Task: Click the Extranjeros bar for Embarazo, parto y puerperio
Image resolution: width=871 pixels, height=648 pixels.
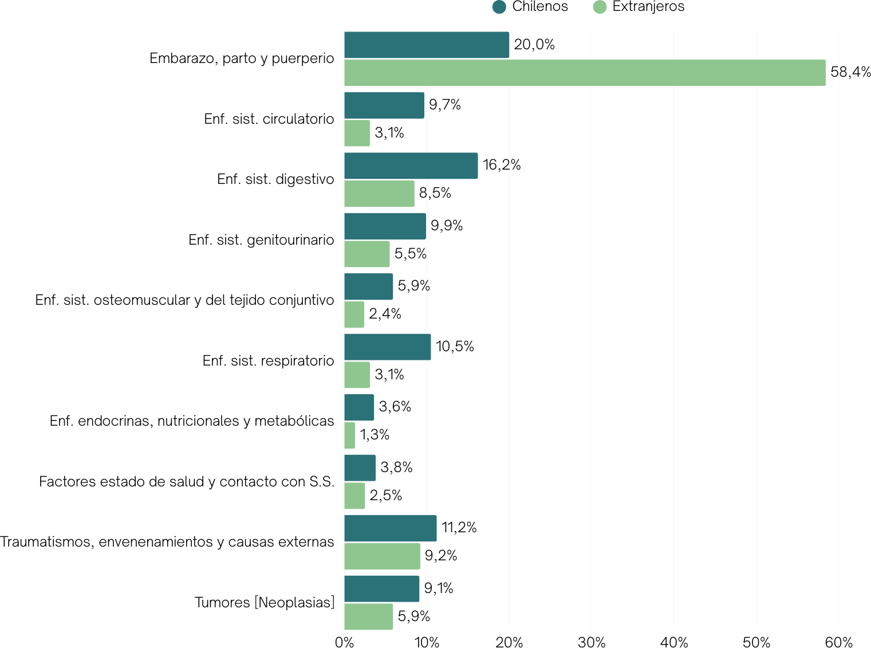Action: [585, 73]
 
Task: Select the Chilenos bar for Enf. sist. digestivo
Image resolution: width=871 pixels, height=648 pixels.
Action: [411, 166]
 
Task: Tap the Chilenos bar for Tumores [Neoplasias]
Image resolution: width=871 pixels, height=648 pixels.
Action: [381, 588]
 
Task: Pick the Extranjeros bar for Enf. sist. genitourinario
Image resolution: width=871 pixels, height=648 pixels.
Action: [366, 254]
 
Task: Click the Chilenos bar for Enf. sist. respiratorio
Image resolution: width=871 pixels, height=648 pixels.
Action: [387, 347]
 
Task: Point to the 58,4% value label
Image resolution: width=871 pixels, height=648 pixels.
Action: [850, 72]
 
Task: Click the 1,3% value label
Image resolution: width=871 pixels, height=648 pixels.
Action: [375, 435]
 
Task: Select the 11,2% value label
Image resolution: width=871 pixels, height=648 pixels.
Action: [459, 528]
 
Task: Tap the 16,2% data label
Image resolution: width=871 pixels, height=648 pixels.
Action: [502, 165]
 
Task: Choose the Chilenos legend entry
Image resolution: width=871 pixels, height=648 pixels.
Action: [530, 7]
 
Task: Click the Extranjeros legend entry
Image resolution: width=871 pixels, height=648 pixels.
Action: [639, 7]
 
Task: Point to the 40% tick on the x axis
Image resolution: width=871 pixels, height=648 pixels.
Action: [674, 642]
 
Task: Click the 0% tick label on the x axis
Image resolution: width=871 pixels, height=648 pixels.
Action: [344, 642]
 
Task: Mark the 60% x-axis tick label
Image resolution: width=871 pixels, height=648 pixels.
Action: [839, 642]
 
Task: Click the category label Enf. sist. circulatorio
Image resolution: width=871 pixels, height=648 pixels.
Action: [269, 119]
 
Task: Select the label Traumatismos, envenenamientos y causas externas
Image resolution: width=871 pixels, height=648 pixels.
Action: [167, 542]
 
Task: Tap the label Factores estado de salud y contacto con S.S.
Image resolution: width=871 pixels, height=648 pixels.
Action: [187, 482]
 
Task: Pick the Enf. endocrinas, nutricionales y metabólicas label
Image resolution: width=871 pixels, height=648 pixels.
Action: [192, 421]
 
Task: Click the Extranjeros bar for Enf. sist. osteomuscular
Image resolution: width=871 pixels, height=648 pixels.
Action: [354, 315]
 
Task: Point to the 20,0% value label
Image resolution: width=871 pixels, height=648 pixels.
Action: [534, 45]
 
